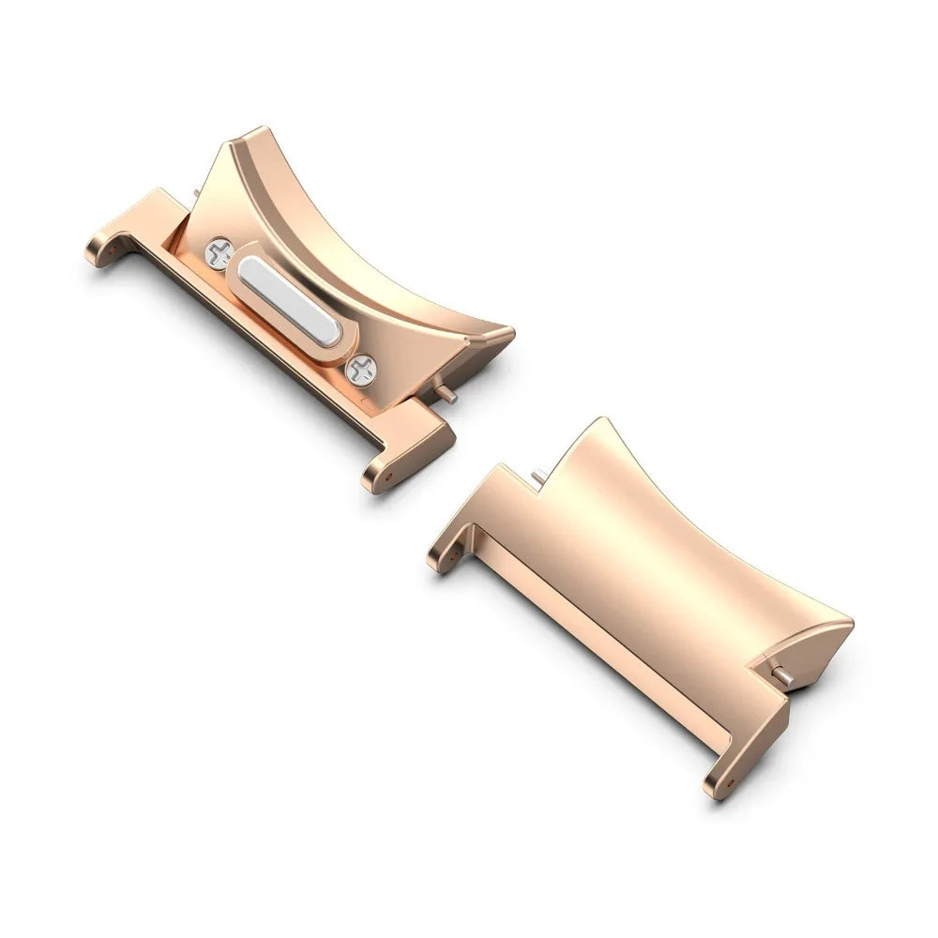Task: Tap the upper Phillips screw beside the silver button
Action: point(219,254)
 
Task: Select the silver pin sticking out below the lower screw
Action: point(451,398)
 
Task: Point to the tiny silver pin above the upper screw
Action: point(194,194)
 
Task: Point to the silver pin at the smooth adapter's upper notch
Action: point(537,477)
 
